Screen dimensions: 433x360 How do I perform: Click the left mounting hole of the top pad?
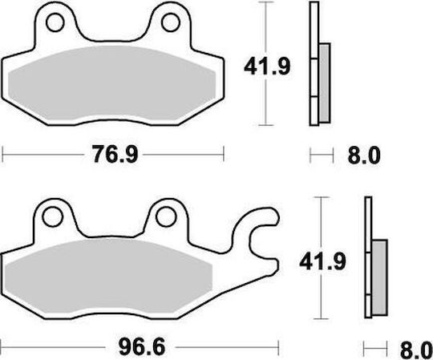click(55, 22)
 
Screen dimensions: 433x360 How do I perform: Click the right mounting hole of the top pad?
click(171, 22)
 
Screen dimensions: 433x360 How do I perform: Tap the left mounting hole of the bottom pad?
click(53, 216)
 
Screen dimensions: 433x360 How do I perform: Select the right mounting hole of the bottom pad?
click(166, 216)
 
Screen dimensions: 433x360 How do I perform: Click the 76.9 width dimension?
click(115, 154)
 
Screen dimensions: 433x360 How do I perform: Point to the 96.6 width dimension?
click(142, 347)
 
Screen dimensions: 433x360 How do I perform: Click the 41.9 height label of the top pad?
click(267, 67)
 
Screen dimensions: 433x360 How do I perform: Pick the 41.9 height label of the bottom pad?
click(322, 261)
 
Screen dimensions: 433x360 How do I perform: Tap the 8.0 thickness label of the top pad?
click(364, 156)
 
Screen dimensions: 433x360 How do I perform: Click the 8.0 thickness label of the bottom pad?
click(416, 350)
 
